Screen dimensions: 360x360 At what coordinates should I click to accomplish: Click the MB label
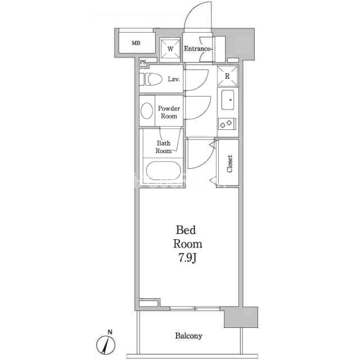tap(136, 43)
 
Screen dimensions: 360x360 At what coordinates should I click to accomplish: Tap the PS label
tap(143, 62)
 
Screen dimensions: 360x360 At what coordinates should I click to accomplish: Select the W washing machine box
tap(170, 49)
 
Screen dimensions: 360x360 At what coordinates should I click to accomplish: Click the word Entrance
tap(197, 49)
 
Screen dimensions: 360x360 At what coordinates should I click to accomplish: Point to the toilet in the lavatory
tap(150, 79)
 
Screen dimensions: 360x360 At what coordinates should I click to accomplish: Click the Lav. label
tap(174, 79)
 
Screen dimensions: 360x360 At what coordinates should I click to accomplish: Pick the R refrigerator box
tap(227, 76)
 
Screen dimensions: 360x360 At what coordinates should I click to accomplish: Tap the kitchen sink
tap(227, 100)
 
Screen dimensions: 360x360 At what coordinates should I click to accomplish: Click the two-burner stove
tap(227, 124)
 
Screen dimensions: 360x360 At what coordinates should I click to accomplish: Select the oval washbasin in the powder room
tap(147, 111)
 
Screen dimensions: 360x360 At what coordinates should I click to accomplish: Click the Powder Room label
tap(169, 112)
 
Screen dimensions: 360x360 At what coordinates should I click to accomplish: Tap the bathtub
tap(164, 171)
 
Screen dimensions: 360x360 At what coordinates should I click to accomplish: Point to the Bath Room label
tap(164, 147)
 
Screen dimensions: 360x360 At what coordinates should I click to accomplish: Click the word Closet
tap(229, 164)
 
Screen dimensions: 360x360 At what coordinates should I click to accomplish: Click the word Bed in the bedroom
tap(186, 230)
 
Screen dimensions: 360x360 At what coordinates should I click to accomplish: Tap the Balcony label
tap(189, 336)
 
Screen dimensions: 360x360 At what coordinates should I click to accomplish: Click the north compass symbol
tap(106, 345)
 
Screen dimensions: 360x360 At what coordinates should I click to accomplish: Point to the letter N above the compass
tap(110, 332)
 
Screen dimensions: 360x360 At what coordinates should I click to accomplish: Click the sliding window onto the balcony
tap(195, 308)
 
